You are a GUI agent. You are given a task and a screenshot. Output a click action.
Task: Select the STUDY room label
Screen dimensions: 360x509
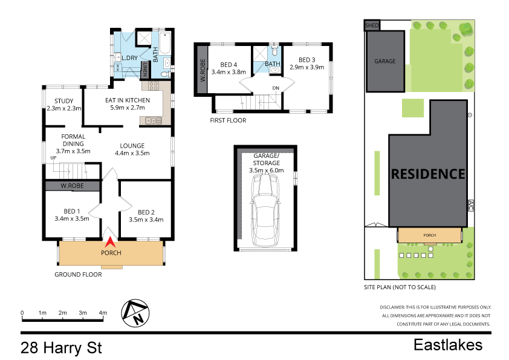[63, 101]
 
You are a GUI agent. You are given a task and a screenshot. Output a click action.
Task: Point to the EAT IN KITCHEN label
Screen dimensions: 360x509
[127, 101]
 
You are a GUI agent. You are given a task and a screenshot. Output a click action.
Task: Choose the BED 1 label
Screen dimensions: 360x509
[71, 211]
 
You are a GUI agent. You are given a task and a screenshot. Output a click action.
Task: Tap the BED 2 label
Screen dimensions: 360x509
[146, 212]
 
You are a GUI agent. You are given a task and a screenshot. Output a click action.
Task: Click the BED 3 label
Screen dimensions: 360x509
[306, 59]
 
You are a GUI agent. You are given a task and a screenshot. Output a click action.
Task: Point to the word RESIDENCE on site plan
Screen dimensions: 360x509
[429, 174]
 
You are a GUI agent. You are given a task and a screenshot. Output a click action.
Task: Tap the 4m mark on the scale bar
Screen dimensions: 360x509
[103, 313]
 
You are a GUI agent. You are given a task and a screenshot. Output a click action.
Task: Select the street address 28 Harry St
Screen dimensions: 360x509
[61, 349]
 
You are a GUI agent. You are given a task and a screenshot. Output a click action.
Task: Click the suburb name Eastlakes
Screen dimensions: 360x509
[448, 345]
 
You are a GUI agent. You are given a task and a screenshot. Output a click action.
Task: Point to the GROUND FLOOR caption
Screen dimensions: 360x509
[78, 274]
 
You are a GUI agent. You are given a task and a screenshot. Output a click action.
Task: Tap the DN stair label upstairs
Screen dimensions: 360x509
[276, 88]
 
